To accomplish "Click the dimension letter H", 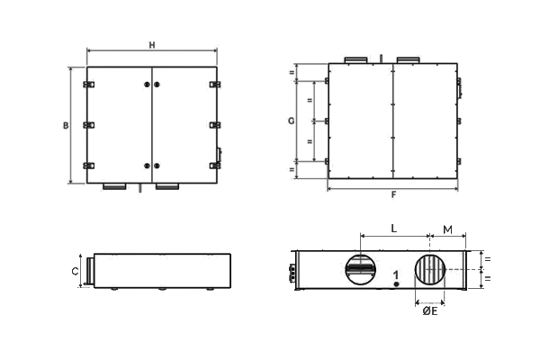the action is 152,45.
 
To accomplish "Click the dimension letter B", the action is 66,125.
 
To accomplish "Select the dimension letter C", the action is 75,272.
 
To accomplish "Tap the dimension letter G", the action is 292,121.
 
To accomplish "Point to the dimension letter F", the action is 393,195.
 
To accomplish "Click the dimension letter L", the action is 394,229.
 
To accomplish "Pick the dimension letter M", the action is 447,229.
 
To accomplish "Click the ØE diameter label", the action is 430,311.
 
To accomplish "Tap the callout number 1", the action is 396,275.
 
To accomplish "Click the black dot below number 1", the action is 396,284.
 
